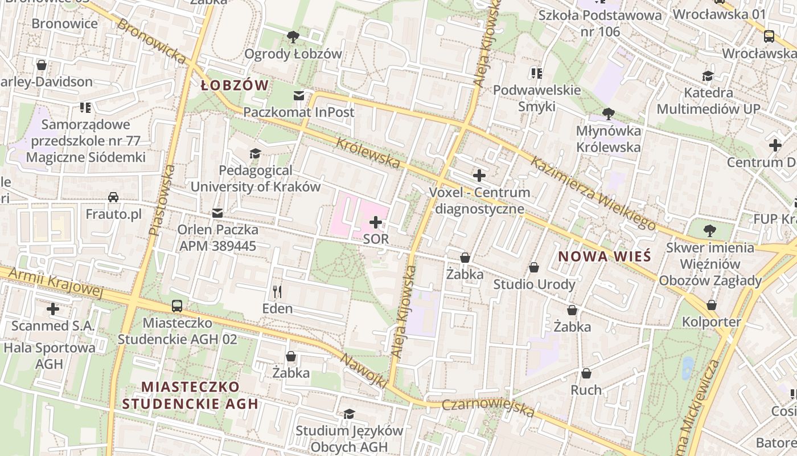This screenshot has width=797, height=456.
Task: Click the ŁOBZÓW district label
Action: [235, 85]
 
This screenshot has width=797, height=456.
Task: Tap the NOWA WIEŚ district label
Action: [604, 256]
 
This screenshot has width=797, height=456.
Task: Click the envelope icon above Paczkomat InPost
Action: [298, 95]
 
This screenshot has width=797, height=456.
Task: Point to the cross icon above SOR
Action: [376, 222]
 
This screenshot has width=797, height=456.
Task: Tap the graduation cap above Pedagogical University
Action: [255, 153]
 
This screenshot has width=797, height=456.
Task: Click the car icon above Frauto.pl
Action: [113, 197]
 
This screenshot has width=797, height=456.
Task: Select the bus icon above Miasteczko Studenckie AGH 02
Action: [177, 306]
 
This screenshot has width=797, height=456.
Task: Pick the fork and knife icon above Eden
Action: [277, 292]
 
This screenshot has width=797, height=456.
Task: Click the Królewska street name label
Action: [368, 152]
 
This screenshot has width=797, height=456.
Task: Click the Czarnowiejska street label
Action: [488, 408]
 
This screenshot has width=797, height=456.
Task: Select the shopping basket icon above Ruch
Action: [586, 373]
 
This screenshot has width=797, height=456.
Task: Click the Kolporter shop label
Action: [712, 322]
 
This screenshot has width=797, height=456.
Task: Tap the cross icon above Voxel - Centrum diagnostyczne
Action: [479, 175]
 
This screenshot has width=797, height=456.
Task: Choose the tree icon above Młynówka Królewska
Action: [608, 113]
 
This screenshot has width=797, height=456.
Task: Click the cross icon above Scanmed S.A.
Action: [53, 309]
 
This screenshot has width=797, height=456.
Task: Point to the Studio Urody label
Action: [534, 284]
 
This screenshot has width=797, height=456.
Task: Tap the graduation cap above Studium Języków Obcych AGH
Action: [348, 414]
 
